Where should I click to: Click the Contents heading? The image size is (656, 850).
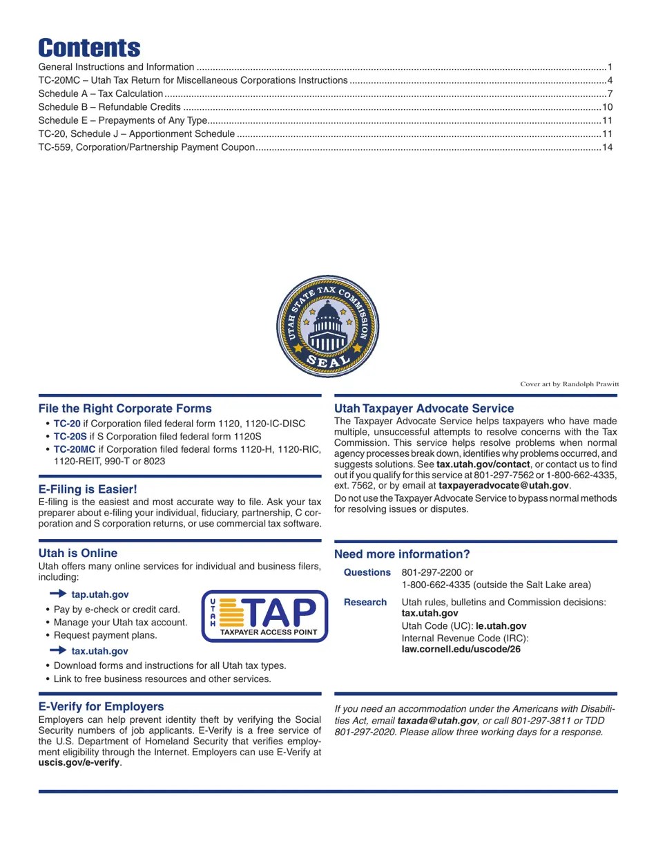click(x=89, y=48)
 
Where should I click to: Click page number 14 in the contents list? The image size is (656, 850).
click(x=608, y=147)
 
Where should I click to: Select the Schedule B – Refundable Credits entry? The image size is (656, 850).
click(x=109, y=107)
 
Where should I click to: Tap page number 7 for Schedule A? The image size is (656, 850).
click(x=610, y=94)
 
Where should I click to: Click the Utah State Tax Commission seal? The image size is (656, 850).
click(x=328, y=327)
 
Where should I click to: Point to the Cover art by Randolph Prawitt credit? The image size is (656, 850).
click(x=569, y=384)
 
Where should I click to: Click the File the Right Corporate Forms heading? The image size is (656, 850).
click(x=125, y=408)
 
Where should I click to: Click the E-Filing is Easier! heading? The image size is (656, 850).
click(x=88, y=489)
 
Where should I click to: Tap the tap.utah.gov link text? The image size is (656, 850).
click(x=99, y=594)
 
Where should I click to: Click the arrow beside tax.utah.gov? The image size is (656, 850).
click(x=58, y=651)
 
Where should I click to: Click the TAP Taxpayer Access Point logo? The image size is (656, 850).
click(x=264, y=616)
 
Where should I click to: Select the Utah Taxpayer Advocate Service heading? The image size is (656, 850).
click(x=424, y=408)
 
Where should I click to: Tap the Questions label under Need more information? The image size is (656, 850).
click(x=367, y=572)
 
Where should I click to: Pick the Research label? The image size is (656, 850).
click(x=365, y=602)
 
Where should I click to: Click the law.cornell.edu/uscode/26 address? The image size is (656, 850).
click(x=461, y=649)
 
